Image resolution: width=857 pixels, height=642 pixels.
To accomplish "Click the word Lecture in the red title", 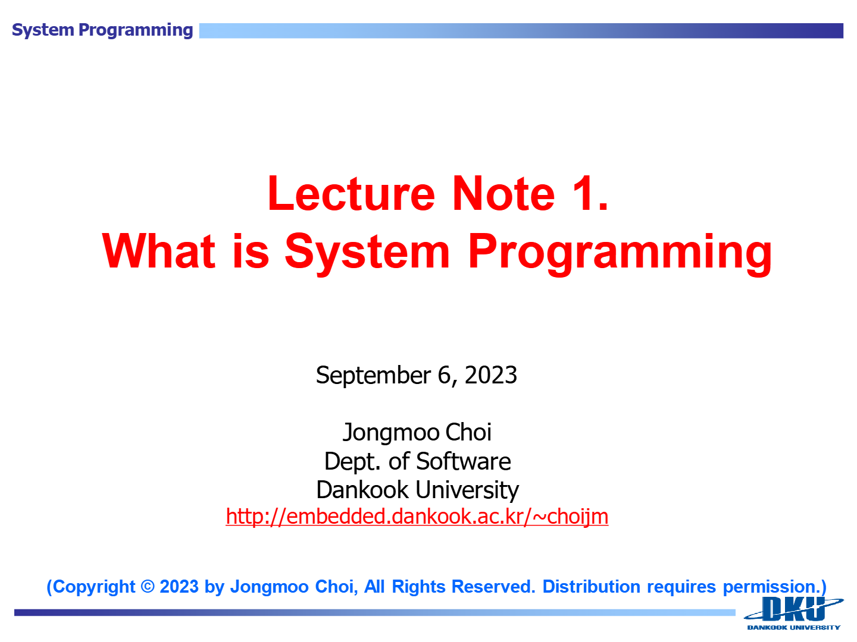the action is [351, 193].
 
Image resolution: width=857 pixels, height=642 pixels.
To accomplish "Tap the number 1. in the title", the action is [590, 193].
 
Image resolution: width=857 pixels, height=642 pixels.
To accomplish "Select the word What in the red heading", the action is [158, 251].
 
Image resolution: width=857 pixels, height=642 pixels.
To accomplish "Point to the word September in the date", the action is [373, 375].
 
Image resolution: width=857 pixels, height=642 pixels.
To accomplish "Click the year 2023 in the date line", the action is [491, 375].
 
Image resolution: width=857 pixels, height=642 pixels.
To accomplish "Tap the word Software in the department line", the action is [464, 461].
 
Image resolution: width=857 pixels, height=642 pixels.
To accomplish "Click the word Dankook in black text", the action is [362, 490].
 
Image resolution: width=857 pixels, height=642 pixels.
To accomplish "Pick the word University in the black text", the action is [467, 491].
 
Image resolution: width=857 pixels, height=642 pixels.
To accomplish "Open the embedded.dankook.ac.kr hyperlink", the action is [417, 517].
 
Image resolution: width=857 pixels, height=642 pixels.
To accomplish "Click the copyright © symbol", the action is [148, 587].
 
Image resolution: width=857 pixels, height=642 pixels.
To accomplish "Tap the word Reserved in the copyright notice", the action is [493, 587].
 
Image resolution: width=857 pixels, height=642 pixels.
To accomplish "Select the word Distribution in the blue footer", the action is [591, 587].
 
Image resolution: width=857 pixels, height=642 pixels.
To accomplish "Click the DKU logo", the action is [794, 610].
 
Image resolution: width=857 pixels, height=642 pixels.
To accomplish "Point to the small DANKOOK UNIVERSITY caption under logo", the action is [794, 628].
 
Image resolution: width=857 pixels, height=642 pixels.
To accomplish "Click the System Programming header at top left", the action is [102, 30].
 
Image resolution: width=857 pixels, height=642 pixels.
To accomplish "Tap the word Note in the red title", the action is [503, 193].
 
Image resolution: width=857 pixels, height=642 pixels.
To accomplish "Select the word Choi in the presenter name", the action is [468, 432].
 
